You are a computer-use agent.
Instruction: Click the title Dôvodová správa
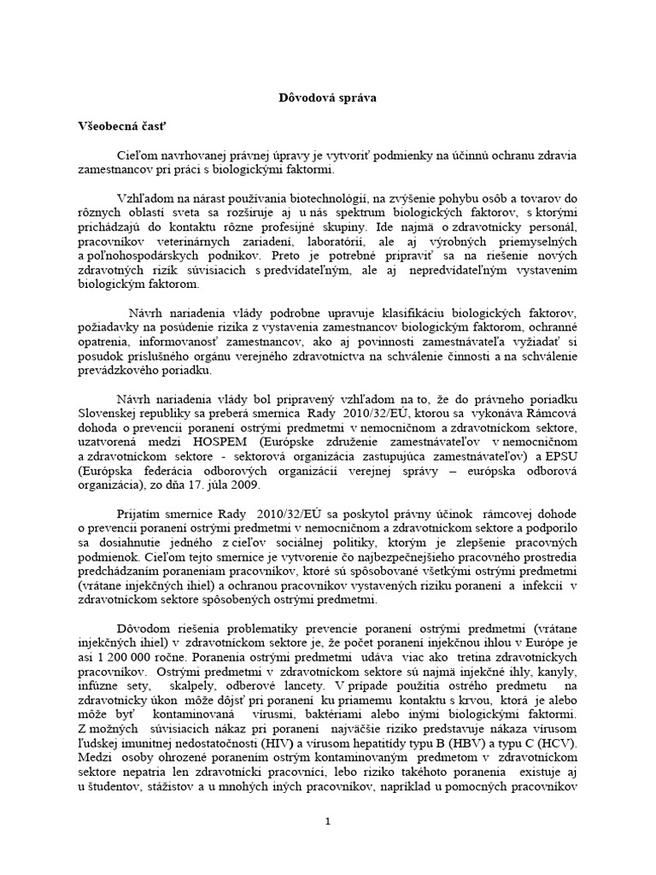pos(328,98)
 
